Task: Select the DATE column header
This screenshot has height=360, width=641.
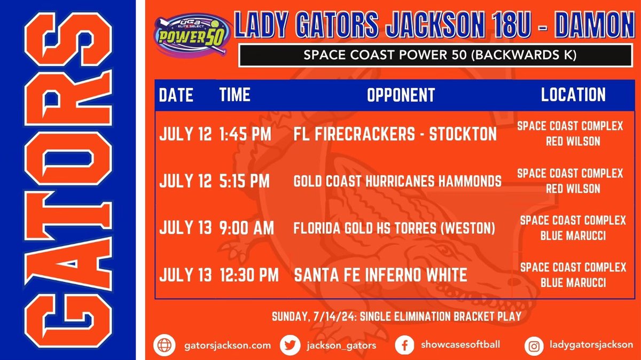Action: pos(176,95)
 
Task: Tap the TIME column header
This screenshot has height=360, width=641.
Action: pos(234,95)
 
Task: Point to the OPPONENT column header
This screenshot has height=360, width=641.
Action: pos(401,95)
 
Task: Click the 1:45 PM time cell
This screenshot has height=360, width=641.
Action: pos(244,134)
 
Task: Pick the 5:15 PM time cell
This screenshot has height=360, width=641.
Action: pos(244,181)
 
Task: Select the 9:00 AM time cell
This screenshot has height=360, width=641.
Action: pos(246,228)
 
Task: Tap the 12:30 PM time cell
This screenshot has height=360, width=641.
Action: pos(249,276)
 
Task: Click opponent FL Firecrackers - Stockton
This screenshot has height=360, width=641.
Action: pos(395,134)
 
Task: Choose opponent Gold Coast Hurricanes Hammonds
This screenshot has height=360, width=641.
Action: pos(397,182)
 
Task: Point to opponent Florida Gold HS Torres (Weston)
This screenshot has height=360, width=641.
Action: pos(394,229)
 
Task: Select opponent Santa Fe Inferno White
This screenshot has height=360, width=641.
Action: pos(381,276)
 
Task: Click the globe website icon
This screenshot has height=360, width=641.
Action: pos(162,345)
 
